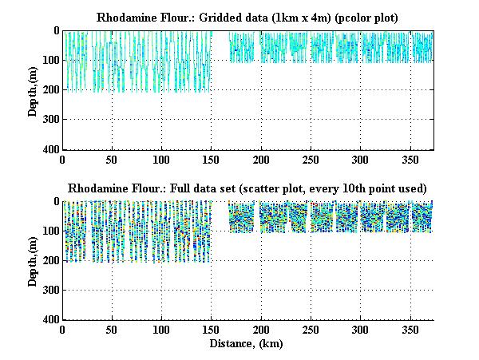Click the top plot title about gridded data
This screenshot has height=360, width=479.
(x=247, y=17)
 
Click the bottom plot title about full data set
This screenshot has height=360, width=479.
(x=247, y=188)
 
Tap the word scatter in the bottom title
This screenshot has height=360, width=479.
(x=288, y=188)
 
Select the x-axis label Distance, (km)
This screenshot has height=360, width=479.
(x=247, y=344)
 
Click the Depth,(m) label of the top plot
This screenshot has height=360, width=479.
(x=33, y=89)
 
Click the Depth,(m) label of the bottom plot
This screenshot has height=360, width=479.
(x=33, y=260)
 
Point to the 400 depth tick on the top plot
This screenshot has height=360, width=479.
(x=51, y=149)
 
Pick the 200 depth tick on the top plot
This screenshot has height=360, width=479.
(x=51, y=89)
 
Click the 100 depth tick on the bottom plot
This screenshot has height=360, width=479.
(x=51, y=231)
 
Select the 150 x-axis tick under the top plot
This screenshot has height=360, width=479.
(x=211, y=158)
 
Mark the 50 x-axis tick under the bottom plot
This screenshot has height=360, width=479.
(x=112, y=329)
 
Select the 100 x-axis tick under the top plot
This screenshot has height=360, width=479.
(x=161, y=158)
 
